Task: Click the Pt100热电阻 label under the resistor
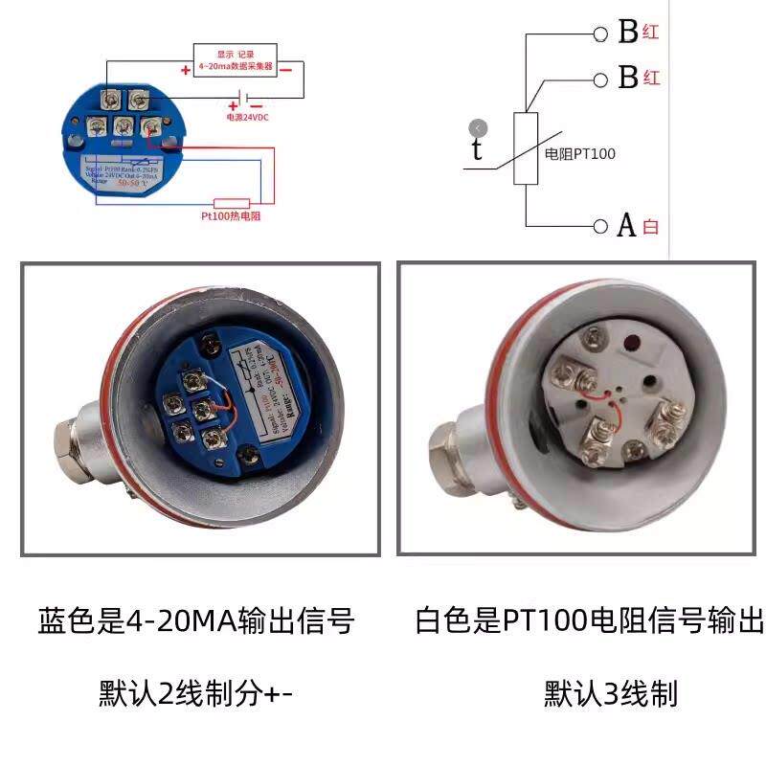coord(231,216)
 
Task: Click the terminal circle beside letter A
coord(600,226)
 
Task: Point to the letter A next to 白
coord(627,226)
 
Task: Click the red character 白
coord(651,227)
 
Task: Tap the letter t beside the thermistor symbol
coord(477,150)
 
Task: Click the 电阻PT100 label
coord(579,153)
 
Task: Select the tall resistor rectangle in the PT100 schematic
coord(527,147)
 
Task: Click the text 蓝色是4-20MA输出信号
coord(196,622)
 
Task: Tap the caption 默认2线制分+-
coord(196,692)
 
